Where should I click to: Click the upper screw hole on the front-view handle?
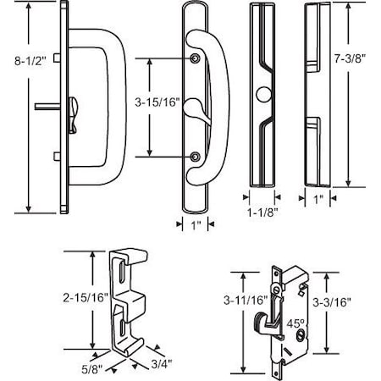point(196,58)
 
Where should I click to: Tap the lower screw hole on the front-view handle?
point(196,156)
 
